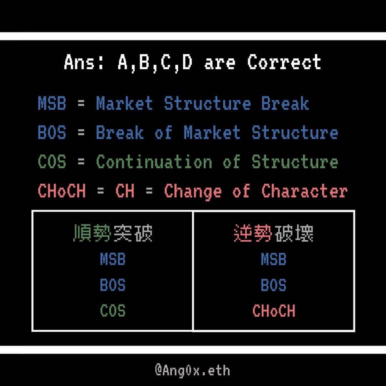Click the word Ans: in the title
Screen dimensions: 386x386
click(84, 63)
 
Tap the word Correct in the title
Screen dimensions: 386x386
click(284, 63)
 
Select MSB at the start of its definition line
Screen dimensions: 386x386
click(52, 104)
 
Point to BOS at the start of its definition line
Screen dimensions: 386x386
click(52, 133)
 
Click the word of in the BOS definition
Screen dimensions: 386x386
click(163, 133)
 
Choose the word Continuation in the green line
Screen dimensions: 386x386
click(154, 162)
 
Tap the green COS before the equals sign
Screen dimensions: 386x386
click(52, 162)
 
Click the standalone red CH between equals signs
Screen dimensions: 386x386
click(125, 191)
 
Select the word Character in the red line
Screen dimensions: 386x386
click(304, 191)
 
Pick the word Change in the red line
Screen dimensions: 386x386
click(193, 191)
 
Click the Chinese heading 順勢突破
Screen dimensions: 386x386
click(113, 234)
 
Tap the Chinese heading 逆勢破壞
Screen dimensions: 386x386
click(273, 234)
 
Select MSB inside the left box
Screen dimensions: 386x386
click(113, 260)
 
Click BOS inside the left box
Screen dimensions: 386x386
click(113, 286)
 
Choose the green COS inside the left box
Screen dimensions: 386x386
click(113, 311)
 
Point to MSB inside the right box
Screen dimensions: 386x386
click(273, 260)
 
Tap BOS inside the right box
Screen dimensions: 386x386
click(273, 286)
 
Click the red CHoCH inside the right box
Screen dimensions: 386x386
click(274, 311)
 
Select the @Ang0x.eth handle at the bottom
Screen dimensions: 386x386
click(192, 370)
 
